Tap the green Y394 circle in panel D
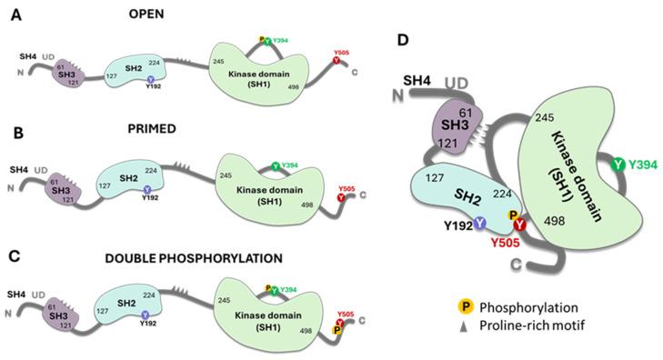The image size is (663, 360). pos(618,164)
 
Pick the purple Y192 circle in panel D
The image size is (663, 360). pos(479,224)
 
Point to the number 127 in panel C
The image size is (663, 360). pos(116,306)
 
